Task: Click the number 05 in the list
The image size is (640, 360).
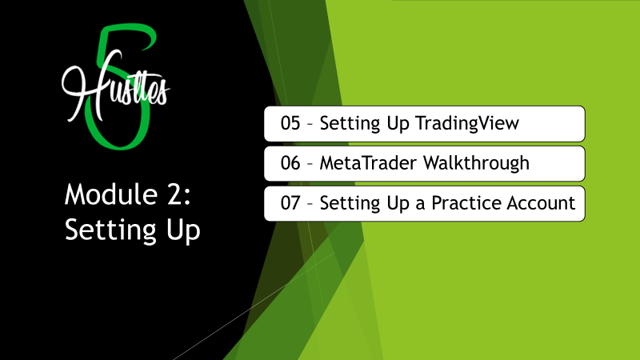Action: pos(290,123)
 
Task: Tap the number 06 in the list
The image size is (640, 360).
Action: pos(290,163)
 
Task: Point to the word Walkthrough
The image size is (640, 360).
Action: pos(476,164)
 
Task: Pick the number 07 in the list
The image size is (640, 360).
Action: pos(290,203)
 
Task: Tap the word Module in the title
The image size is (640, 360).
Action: pos(111,194)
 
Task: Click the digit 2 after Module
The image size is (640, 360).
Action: pos(175,194)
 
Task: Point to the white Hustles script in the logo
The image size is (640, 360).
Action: pos(115,86)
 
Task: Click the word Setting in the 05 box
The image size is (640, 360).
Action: pos(350,124)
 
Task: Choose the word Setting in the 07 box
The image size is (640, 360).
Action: pos(350,204)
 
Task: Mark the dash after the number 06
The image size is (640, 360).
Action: pos(310,164)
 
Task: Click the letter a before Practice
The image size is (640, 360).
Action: pos(421,205)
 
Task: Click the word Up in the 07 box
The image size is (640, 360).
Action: pos(398,204)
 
